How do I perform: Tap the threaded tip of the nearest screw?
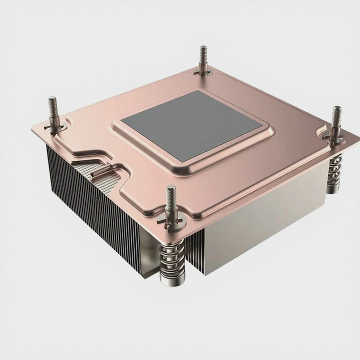click(171, 194)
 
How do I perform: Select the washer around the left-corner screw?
click(55, 127)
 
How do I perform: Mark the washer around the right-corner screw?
click(334, 135)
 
